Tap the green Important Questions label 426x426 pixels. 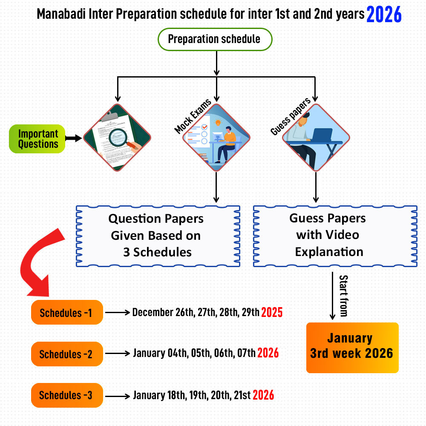(x=38, y=139)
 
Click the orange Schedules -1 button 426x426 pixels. (x=67, y=313)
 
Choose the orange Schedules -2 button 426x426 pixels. (x=67, y=354)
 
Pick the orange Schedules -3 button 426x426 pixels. (x=67, y=395)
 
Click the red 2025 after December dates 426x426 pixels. (x=272, y=313)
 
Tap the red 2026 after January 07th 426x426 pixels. (x=268, y=353)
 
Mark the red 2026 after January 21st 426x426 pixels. (x=263, y=395)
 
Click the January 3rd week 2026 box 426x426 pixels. (x=352, y=348)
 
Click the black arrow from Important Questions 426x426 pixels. (x=74, y=138)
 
